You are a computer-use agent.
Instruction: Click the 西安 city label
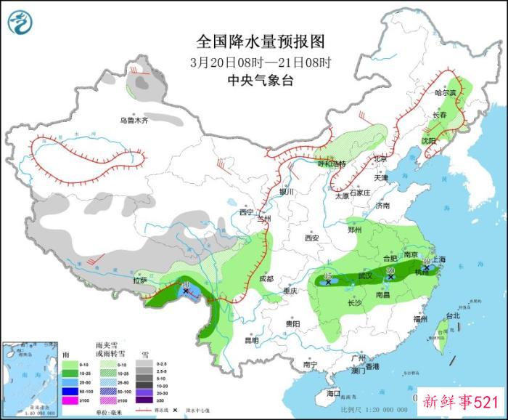312,238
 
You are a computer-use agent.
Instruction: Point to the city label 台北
452,316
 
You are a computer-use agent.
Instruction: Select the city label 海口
334,393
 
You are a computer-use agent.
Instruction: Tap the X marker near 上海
427,267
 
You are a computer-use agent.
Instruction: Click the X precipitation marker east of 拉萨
187,291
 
